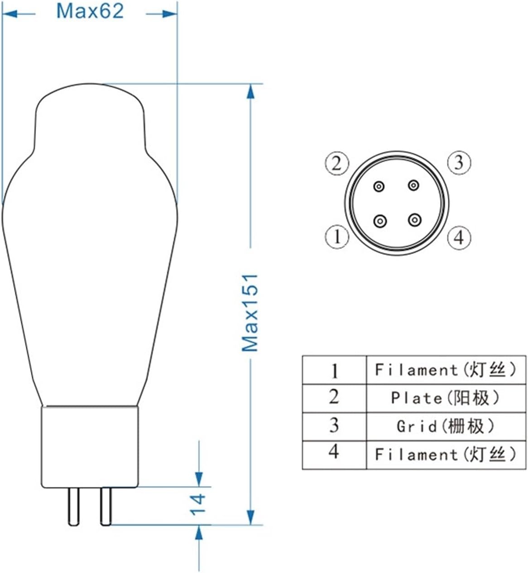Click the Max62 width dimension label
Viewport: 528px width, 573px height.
[90, 11]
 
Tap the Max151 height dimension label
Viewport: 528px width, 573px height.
[250, 312]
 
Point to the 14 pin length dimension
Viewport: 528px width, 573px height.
[197, 504]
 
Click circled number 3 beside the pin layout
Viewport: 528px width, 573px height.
[459, 162]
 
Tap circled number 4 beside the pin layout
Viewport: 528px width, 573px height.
[459, 237]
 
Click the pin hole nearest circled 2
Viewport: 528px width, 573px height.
[379, 186]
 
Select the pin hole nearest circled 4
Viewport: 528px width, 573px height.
[414, 221]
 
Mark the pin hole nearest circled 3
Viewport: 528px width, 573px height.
[413, 185]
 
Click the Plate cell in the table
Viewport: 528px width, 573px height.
[446, 398]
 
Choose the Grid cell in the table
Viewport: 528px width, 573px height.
[446, 427]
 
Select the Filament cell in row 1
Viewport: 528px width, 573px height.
[446, 370]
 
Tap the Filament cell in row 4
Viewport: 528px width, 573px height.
[446, 454]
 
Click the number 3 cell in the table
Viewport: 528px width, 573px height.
[334, 426]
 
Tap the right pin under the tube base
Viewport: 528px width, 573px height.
[106, 505]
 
